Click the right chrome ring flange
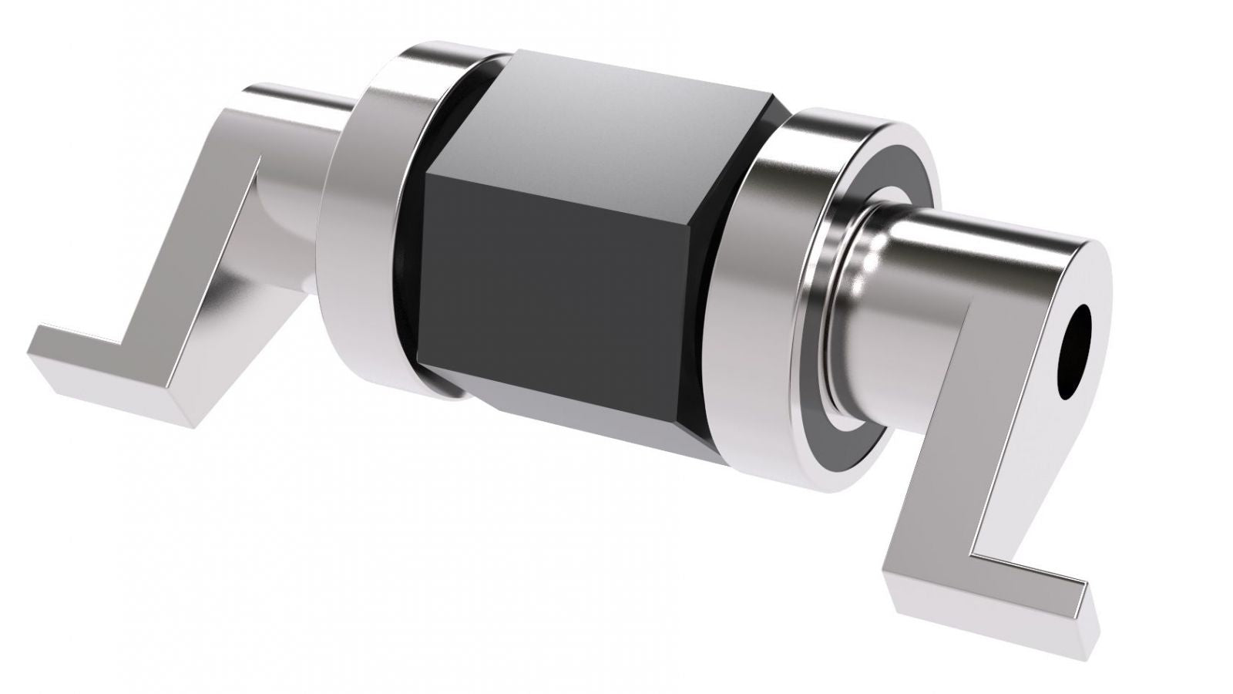(x=771, y=308)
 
